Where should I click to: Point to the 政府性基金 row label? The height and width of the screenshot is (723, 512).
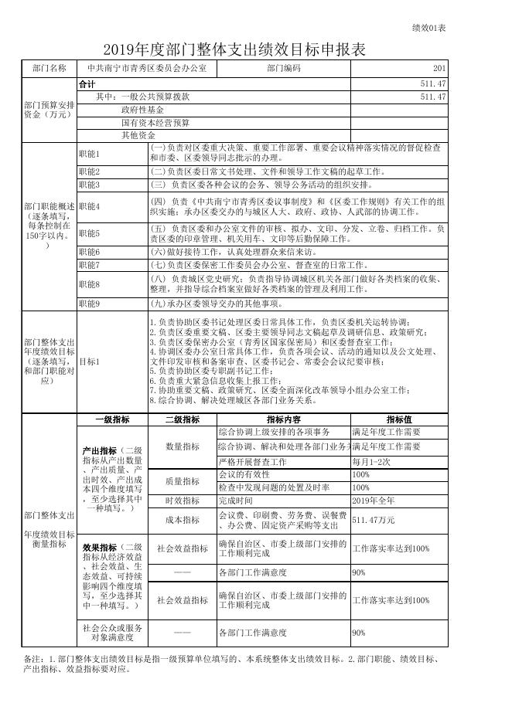pos(143,110)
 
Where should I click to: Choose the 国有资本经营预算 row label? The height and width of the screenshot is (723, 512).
pos(155,123)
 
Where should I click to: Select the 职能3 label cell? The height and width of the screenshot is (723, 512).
pos(89,185)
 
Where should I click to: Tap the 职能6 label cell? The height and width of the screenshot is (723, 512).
pos(89,252)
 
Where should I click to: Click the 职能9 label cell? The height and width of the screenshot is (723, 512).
pos(89,304)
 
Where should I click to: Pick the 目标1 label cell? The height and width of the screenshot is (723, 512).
pos(89,361)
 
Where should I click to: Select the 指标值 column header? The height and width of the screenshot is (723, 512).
pos(399,419)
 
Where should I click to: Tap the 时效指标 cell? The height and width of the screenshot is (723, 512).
pos(183,501)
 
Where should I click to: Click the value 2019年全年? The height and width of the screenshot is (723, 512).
pos(373,501)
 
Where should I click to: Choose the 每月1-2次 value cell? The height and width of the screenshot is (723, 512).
pos(372,461)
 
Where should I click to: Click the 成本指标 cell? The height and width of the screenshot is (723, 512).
pos(183,520)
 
